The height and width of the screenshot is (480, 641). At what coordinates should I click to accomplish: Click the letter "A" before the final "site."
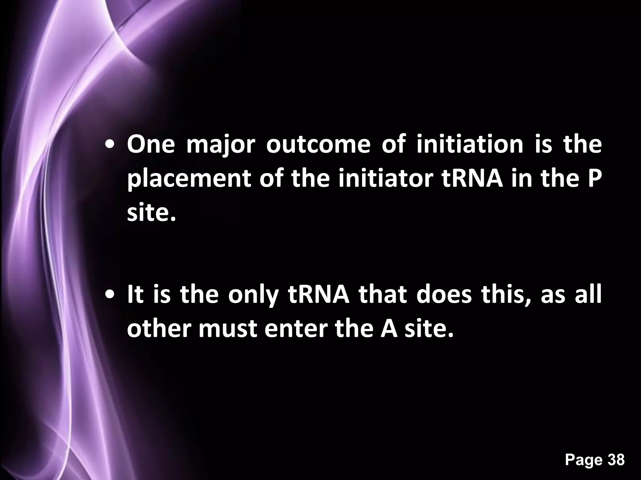[x=389, y=329]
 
